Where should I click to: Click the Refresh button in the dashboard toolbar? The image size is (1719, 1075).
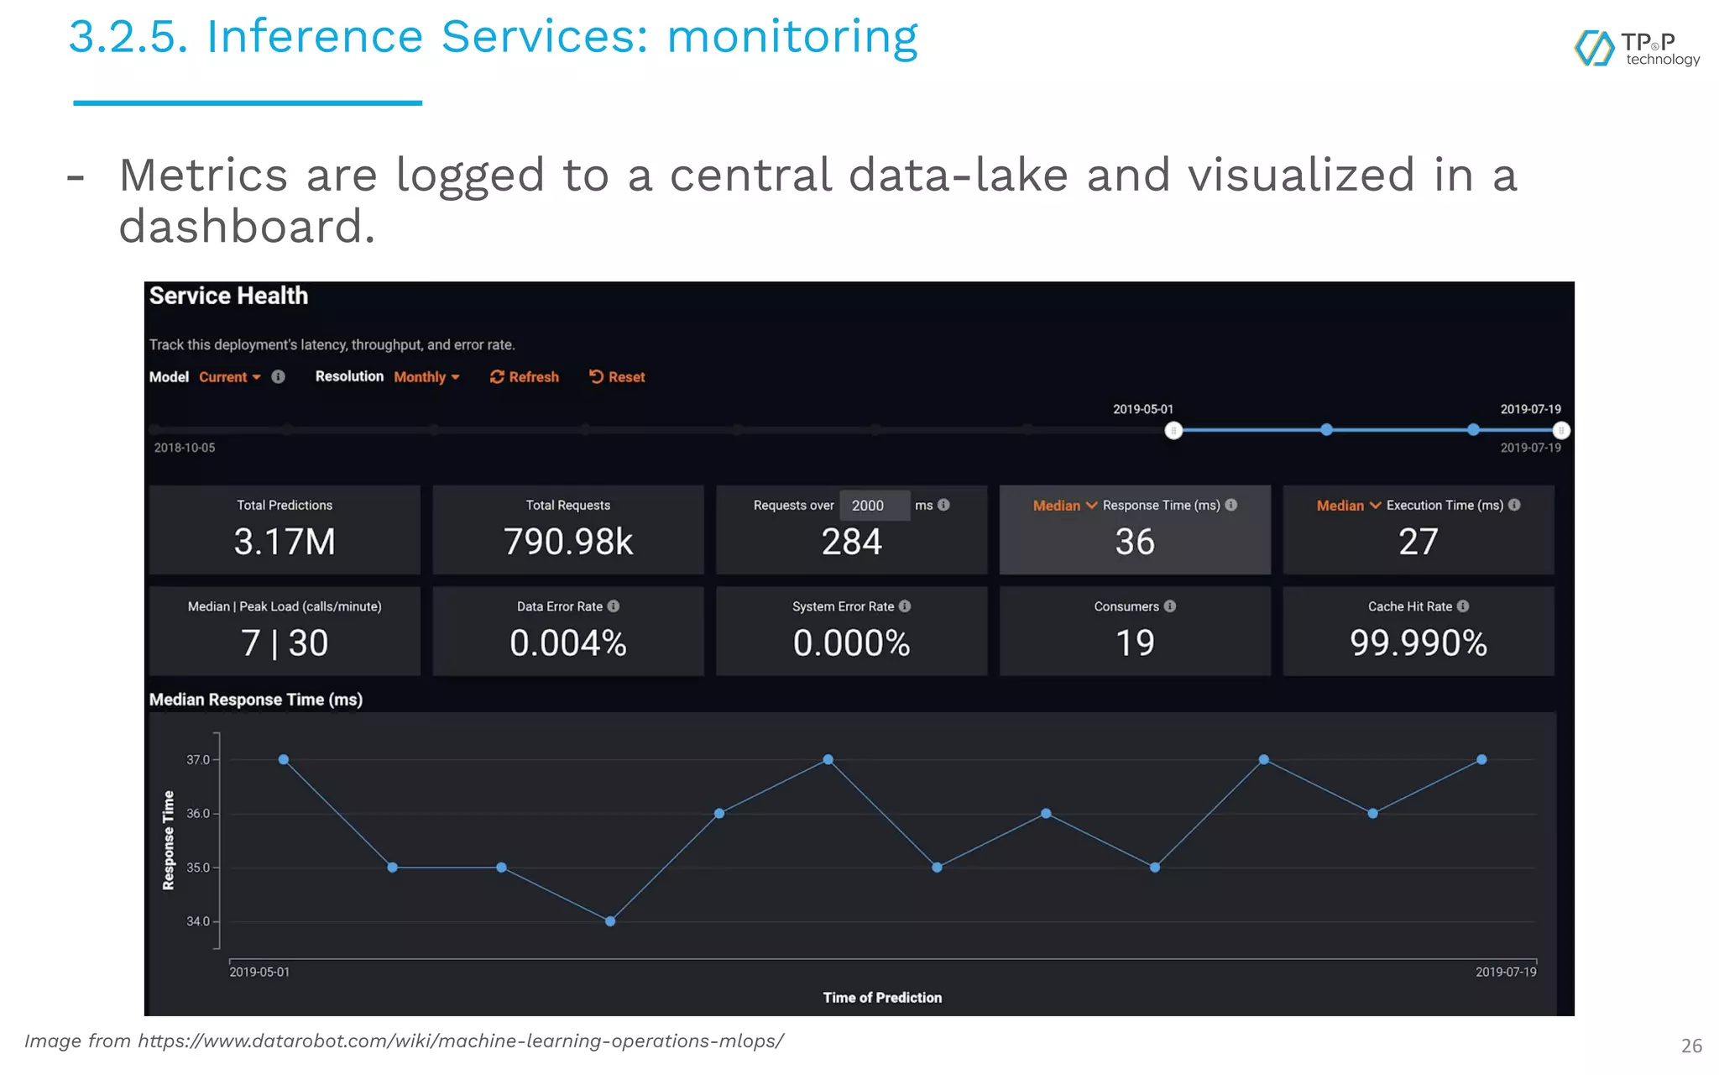pyautogui.click(x=525, y=377)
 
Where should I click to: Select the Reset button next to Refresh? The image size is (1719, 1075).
pyautogui.click(x=617, y=377)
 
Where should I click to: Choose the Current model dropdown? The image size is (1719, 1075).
pyautogui.click(x=229, y=377)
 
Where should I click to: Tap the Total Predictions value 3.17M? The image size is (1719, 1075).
pyautogui.click(x=285, y=542)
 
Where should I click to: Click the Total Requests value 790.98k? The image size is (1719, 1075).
pyautogui.click(x=568, y=542)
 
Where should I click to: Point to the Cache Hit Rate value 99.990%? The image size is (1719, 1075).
pyautogui.click(x=1418, y=643)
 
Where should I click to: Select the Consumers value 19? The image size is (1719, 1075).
pyautogui.click(x=1135, y=643)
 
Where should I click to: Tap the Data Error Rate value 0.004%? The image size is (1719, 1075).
pyautogui.click(x=568, y=643)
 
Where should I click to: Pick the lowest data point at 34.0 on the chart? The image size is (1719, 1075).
pyautogui.click(x=610, y=921)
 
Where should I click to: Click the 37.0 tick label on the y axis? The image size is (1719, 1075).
pyautogui.click(x=197, y=760)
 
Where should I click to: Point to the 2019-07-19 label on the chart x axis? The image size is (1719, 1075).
pyautogui.click(x=1506, y=972)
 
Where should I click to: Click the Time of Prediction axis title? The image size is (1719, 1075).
pyautogui.click(x=882, y=998)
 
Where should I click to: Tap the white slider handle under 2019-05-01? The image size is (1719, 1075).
pyautogui.click(x=1173, y=431)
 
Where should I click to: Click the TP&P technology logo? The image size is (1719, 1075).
pyautogui.click(x=1636, y=49)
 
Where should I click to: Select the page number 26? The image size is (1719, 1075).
pyautogui.click(x=1691, y=1046)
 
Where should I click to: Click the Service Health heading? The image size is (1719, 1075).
pyautogui.click(x=228, y=296)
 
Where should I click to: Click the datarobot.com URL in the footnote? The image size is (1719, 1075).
pyautogui.click(x=461, y=1041)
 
